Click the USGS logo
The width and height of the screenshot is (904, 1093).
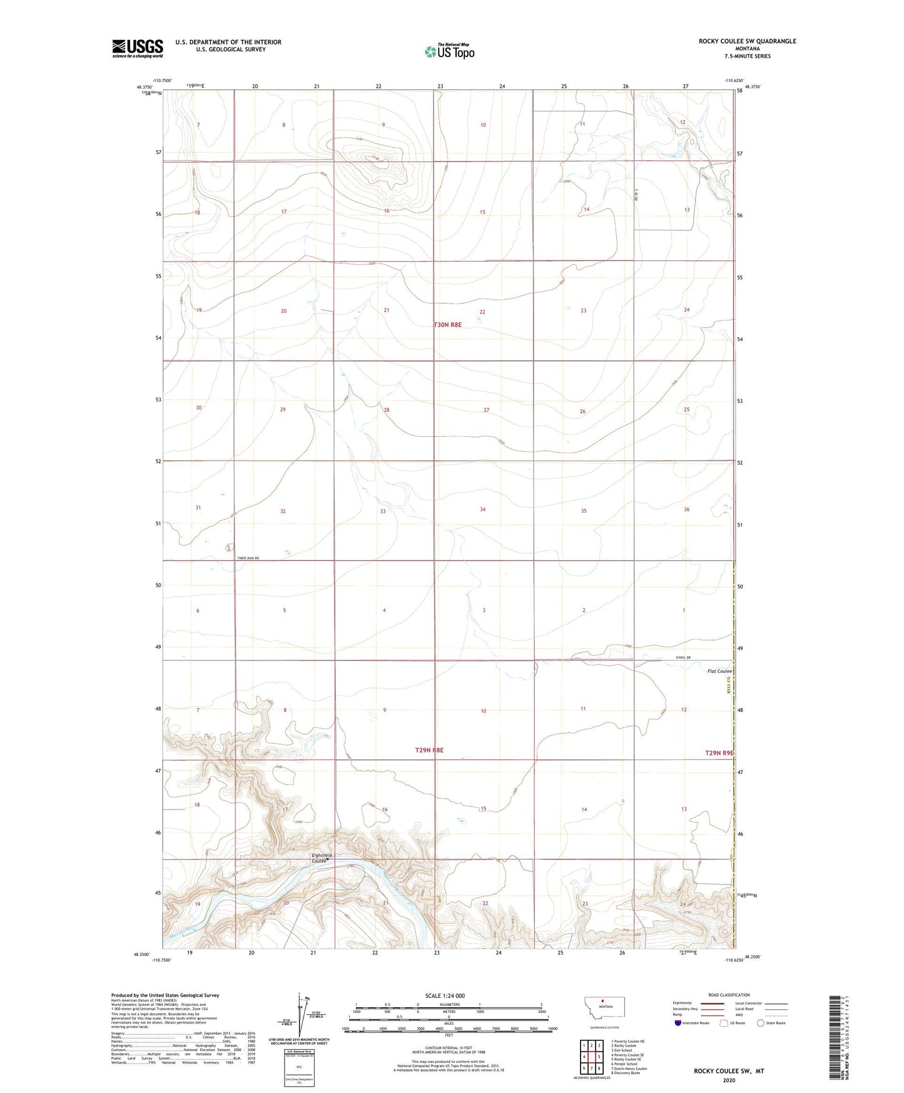click(x=137, y=48)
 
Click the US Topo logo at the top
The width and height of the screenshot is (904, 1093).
click(x=449, y=51)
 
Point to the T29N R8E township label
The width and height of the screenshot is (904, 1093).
click(x=429, y=750)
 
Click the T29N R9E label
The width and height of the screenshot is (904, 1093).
click(x=719, y=753)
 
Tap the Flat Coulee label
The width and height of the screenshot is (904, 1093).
click(x=719, y=671)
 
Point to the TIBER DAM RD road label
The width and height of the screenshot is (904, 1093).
click(x=248, y=558)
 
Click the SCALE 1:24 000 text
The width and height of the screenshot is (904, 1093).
click(x=445, y=995)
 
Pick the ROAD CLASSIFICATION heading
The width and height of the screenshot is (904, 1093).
click(x=729, y=995)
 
